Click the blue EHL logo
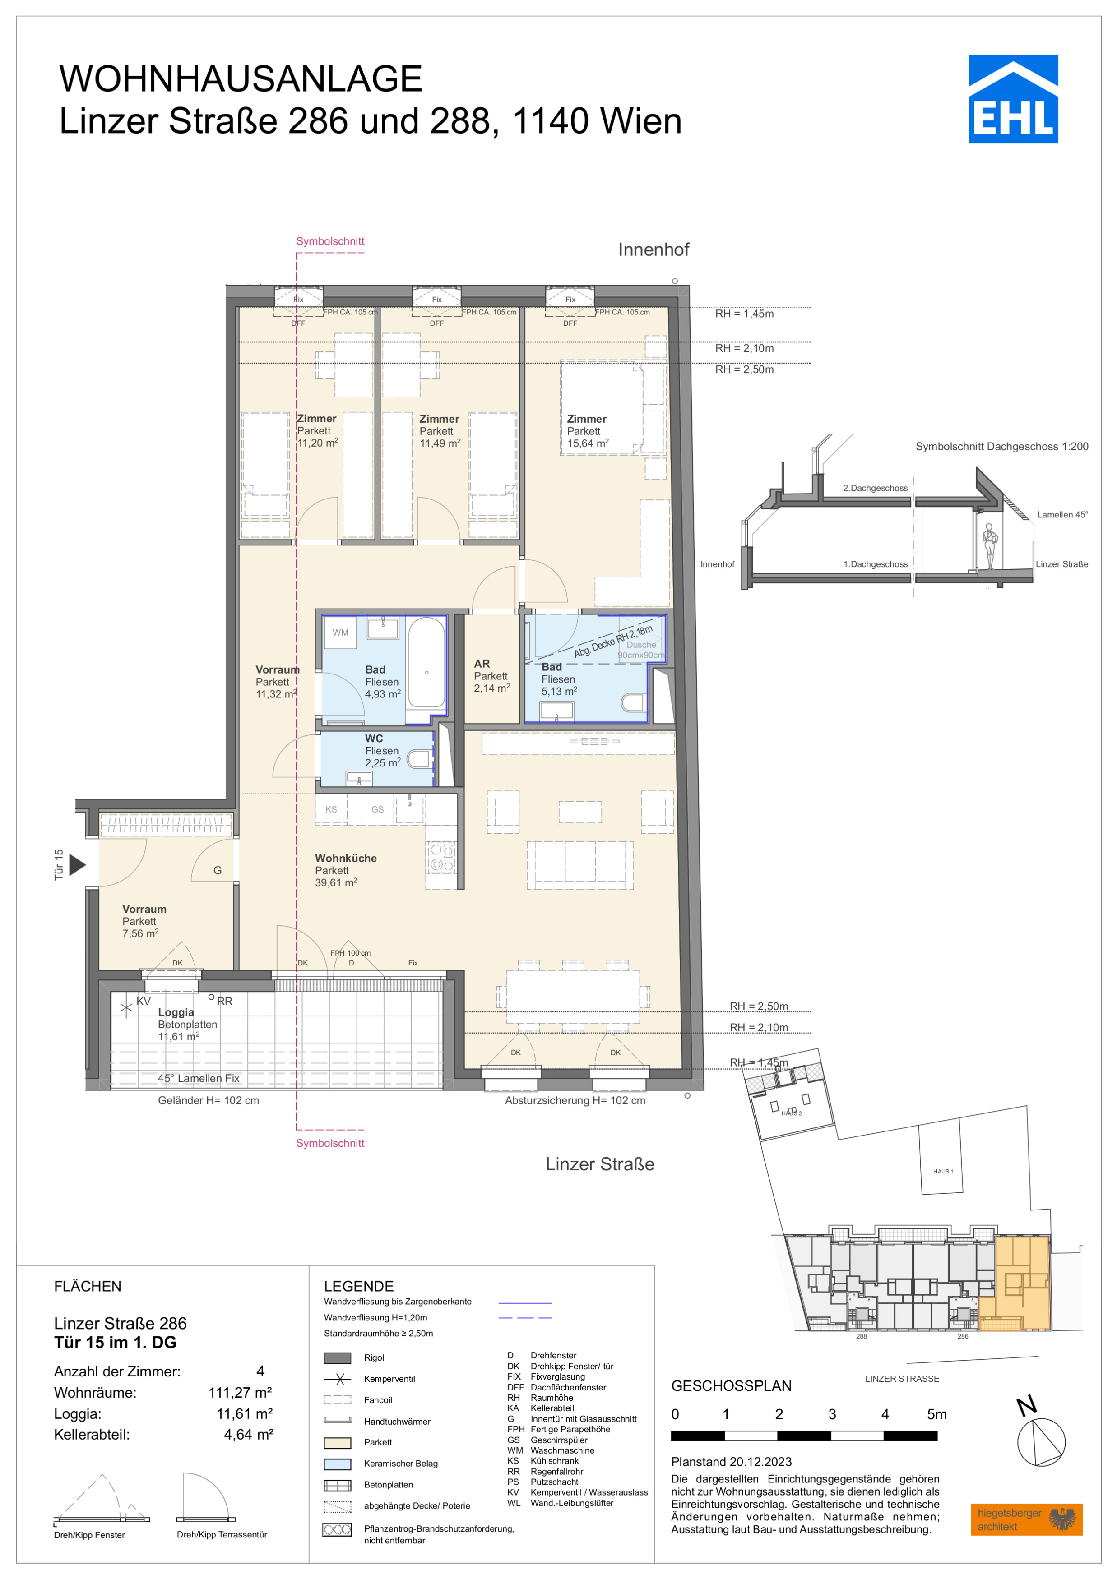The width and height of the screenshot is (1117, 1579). (x=1013, y=99)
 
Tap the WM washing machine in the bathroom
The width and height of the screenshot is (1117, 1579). (x=340, y=633)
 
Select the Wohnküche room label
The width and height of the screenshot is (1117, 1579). (x=346, y=858)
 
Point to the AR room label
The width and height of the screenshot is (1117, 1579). (x=482, y=664)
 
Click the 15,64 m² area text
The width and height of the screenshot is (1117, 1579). (x=588, y=443)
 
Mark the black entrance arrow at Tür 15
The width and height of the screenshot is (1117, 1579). (x=78, y=864)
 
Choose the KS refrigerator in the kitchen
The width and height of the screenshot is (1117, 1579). (x=332, y=809)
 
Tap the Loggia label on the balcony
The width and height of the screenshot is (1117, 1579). (x=176, y=1012)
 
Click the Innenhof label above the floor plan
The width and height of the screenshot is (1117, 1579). (x=654, y=249)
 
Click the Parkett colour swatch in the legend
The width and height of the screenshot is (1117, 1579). (x=337, y=1443)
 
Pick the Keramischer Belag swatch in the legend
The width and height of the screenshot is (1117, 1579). (x=337, y=1464)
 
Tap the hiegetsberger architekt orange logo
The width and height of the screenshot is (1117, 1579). (x=1027, y=1519)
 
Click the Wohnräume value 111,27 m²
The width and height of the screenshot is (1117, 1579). (x=240, y=1393)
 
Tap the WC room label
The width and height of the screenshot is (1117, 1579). (x=374, y=739)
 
